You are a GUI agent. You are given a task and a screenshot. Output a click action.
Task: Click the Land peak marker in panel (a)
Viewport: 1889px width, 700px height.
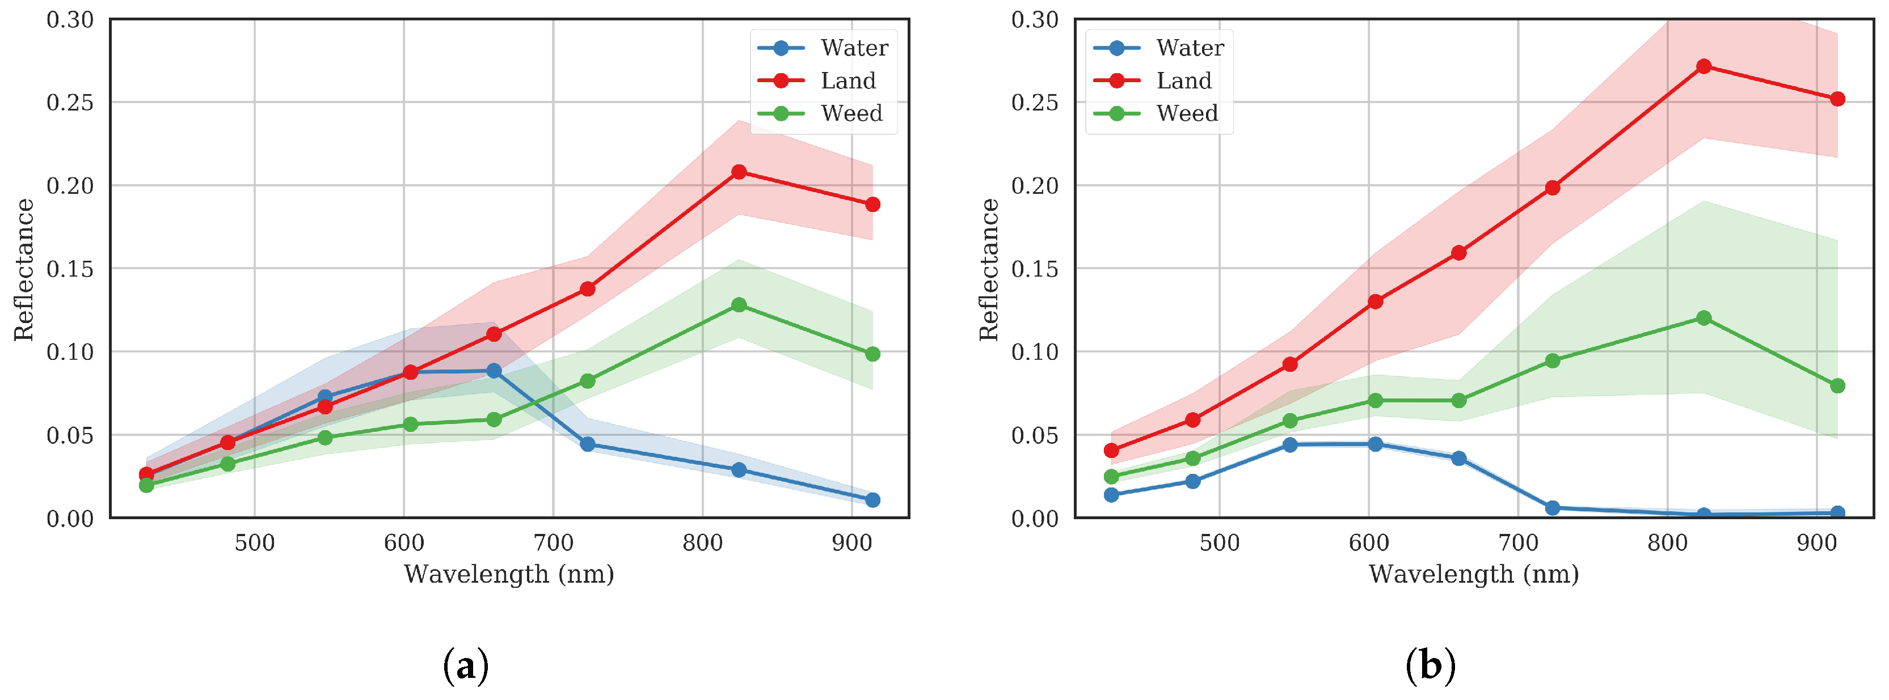[739, 172]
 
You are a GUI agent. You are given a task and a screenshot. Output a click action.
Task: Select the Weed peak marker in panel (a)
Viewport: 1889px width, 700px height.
[739, 305]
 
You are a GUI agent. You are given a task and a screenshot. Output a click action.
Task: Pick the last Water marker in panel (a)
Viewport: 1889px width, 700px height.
[872, 500]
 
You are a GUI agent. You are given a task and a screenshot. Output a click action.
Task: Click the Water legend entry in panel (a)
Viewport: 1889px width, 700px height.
[854, 48]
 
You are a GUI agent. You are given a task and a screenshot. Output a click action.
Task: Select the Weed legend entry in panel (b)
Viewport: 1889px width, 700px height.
[1187, 113]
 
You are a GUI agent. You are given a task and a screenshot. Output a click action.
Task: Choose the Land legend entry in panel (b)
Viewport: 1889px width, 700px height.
[1183, 80]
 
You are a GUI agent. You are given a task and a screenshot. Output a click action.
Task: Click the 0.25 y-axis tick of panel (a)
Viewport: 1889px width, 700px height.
[70, 102]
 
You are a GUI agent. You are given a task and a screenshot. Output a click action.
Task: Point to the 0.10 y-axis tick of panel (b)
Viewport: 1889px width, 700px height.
[1035, 352]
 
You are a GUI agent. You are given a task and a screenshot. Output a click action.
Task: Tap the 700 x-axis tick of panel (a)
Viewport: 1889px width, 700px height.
[553, 543]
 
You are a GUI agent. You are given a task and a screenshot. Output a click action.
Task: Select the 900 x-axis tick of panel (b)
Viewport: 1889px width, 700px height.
[1816, 543]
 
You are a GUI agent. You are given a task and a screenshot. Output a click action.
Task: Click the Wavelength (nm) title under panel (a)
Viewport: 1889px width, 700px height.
[508, 574]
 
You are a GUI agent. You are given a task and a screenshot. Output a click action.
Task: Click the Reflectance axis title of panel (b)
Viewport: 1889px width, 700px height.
[989, 269]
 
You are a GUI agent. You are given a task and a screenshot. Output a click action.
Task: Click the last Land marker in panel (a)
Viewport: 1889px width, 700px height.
[872, 205]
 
